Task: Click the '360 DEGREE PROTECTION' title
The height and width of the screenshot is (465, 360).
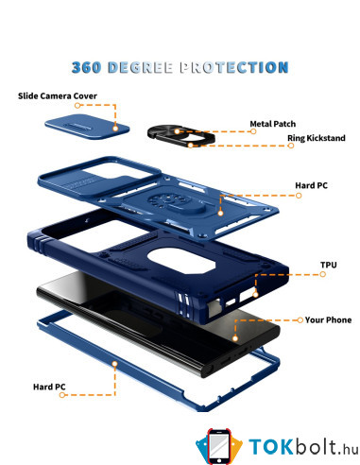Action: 180,67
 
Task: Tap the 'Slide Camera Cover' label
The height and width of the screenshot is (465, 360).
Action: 58,95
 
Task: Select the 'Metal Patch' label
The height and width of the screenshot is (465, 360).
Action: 273,124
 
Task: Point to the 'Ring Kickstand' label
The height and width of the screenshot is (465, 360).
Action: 317,138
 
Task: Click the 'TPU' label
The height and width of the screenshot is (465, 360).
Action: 329,265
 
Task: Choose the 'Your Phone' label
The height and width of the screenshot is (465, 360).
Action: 328,320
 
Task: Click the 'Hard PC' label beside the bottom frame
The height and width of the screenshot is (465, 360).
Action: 49,387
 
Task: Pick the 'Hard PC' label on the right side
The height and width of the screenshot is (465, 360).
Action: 311,185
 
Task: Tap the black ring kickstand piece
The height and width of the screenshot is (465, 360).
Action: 181,136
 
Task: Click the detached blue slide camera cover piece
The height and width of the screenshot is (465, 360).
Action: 87,127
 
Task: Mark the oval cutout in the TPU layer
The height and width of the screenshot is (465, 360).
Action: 181,261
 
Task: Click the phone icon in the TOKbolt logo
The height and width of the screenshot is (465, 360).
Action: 219,446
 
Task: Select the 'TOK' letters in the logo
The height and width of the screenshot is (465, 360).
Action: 271,446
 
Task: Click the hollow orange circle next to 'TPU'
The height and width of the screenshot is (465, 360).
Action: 323,274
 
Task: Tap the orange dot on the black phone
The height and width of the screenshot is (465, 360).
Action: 235,338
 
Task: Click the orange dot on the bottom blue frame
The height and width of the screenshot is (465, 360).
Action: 115,364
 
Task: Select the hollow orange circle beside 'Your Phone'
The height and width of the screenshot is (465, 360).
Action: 300,320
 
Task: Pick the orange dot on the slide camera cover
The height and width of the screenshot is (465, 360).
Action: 115,129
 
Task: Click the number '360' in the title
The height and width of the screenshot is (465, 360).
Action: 86,67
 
